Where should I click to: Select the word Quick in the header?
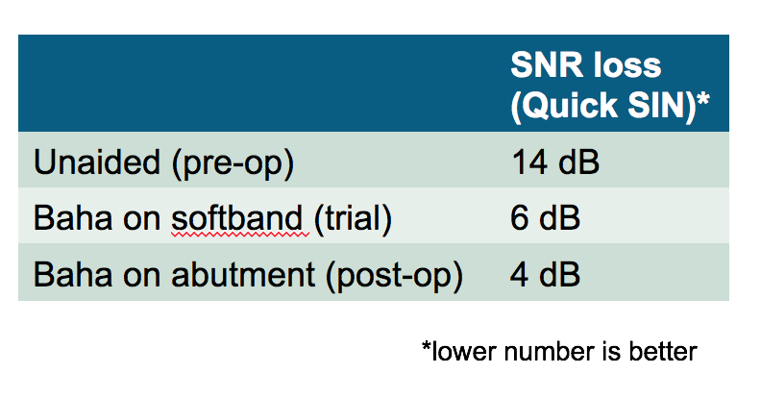point(564,105)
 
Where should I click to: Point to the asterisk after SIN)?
point(703,100)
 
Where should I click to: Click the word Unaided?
point(97,162)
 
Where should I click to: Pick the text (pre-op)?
point(233,163)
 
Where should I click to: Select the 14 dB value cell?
point(555,162)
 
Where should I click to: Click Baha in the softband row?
point(73,218)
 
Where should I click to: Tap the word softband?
point(237,218)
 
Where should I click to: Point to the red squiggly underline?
point(240,235)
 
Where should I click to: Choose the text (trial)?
point(353,219)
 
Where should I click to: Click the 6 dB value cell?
point(545,218)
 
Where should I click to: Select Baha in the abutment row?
point(73,274)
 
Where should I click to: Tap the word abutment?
point(243,274)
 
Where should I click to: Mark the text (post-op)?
point(395,276)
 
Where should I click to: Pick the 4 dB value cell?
point(545,274)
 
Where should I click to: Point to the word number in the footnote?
point(549,352)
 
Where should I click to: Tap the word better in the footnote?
point(663,352)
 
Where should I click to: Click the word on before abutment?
point(141,277)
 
